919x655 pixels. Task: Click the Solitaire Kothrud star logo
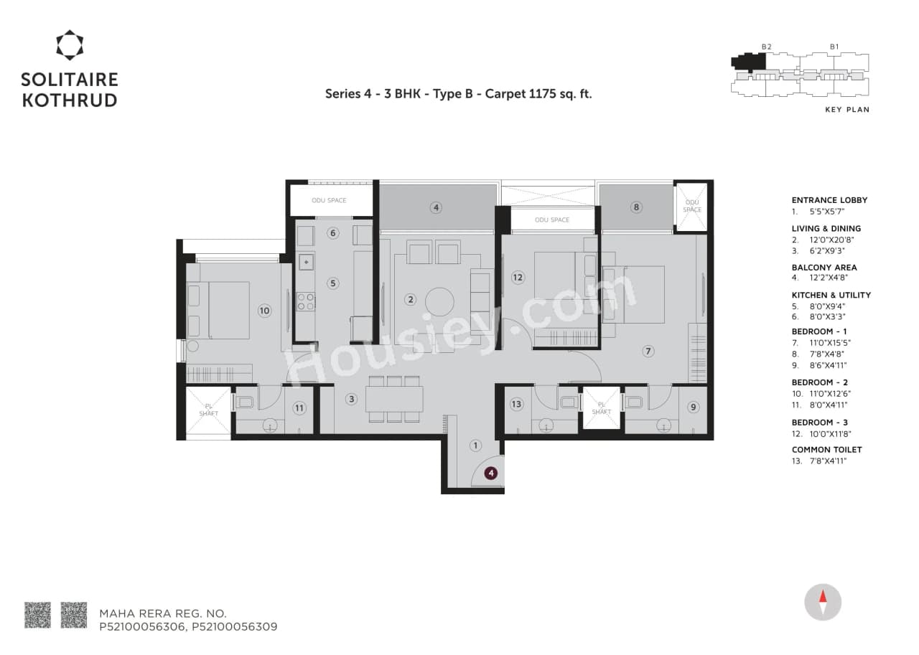(x=70, y=44)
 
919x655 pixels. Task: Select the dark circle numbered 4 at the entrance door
(x=490, y=473)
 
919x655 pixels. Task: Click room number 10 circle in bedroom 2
(x=264, y=311)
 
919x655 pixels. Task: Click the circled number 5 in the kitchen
(x=332, y=283)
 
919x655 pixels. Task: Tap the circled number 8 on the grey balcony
(x=635, y=207)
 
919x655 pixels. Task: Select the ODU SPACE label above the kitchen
(x=329, y=200)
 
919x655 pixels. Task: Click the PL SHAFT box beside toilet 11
(x=208, y=413)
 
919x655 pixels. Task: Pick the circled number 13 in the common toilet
(x=516, y=405)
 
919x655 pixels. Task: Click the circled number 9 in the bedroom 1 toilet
(x=693, y=407)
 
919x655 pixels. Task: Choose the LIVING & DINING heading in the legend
(x=826, y=228)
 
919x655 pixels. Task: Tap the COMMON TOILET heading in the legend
(x=826, y=449)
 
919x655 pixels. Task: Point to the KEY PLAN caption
(x=847, y=110)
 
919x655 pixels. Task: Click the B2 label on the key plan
(x=766, y=47)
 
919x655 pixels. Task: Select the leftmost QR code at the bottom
(x=37, y=615)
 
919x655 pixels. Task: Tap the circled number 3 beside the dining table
(x=351, y=399)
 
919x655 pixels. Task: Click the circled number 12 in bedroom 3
(x=517, y=277)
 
